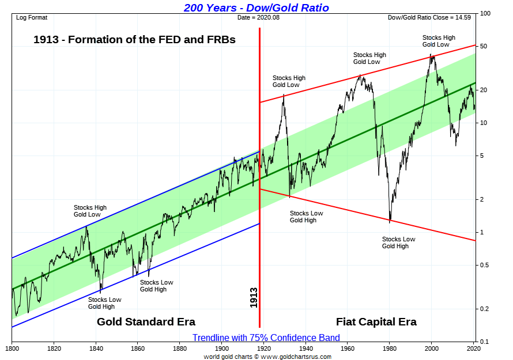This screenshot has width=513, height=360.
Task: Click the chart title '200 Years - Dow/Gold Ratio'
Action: click(256, 7)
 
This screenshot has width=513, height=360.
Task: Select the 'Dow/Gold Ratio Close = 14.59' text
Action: click(431, 18)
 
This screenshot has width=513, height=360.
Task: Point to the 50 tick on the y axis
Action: click(485, 46)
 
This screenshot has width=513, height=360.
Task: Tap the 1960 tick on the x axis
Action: click(348, 349)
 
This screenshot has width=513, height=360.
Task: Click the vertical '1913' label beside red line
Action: click(254, 297)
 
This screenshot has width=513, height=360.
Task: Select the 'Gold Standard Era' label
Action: click(146, 321)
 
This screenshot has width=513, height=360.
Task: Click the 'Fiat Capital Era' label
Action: click(376, 321)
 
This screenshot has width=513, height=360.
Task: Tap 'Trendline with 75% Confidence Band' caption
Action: click(266, 338)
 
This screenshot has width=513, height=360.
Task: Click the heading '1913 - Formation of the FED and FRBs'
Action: click(134, 40)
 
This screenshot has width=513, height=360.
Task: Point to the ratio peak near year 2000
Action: click(431, 55)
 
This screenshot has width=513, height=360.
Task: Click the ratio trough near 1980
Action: click(390, 221)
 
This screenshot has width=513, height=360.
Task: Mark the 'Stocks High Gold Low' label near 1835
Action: click(90, 211)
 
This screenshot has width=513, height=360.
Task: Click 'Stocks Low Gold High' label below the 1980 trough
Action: click(398, 242)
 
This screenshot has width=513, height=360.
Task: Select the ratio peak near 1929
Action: click(284, 95)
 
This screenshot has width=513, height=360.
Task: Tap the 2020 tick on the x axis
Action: click(474, 349)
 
